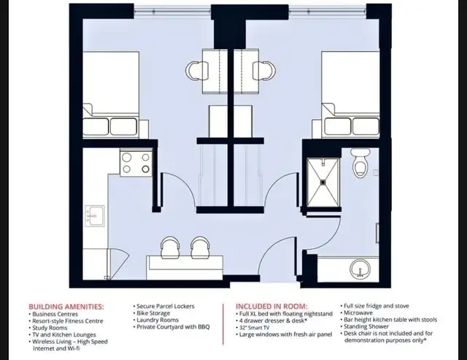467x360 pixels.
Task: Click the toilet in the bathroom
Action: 360,164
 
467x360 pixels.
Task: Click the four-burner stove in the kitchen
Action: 135,162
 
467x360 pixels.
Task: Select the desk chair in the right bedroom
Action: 264,70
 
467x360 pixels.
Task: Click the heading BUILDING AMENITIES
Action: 66,307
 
